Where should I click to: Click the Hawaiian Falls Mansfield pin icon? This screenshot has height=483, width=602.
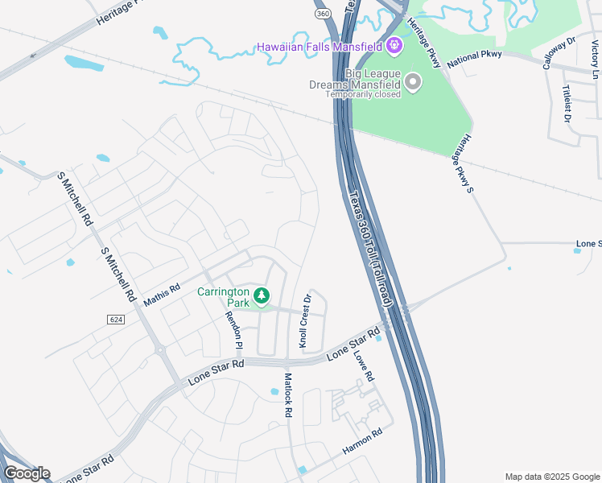(x=394, y=45)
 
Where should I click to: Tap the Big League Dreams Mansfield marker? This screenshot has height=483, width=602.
(x=413, y=82)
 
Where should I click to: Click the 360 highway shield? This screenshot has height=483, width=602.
(x=322, y=14)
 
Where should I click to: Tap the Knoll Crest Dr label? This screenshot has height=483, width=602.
(x=305, y=320)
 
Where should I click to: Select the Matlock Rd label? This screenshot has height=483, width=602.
(x=287, y=394)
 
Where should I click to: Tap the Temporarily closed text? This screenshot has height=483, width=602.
(x=363, y=94)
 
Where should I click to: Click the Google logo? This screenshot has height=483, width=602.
(x=26, y=473)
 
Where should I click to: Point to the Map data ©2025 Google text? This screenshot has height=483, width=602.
(x=552, y=477)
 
